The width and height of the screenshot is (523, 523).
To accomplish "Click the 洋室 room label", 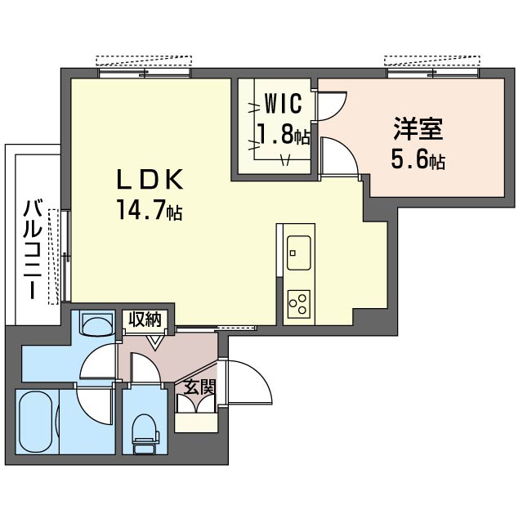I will click(x=418, y=128).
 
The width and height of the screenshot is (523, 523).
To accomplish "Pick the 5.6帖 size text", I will click(x=418, y=160).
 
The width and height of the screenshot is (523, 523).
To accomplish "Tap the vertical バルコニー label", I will click(x=33, y=248).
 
